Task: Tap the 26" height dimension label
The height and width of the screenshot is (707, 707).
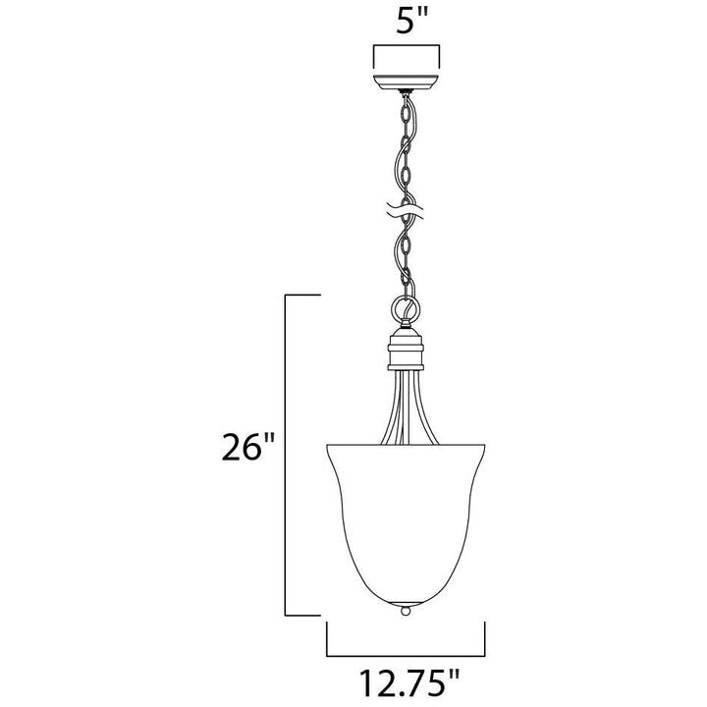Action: (x=248, y=448)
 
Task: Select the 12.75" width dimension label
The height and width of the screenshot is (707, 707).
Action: (x=408, y=682)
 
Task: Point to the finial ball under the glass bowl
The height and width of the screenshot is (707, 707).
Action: (x=406, y=611)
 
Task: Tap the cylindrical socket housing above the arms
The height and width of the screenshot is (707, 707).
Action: (x=406, y=350)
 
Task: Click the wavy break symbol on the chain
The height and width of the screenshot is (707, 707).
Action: (x=406, y=209)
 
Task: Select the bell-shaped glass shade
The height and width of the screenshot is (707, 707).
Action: (x=406, y=524)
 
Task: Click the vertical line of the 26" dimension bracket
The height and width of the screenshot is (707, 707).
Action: (x=285, y=455)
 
